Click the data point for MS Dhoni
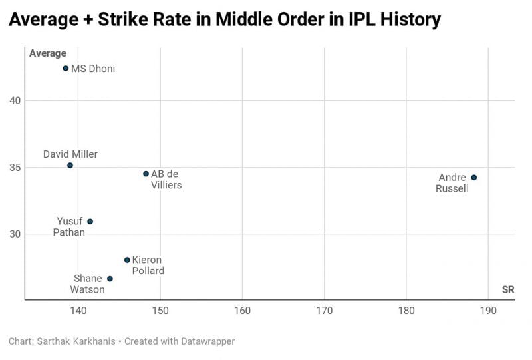(65, 69)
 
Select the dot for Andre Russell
(473, 178)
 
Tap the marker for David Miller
(70, 165)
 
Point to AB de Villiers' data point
(146, 174)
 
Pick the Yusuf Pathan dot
(90, 222)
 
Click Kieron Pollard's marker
(127, 260)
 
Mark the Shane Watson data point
(110, 279)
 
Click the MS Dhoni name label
(93, 69)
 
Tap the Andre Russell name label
(452, 183)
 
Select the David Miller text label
(70, 154)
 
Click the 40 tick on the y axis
(15, 100)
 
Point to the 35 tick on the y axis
(15, 167)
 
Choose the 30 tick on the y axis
(15, 234)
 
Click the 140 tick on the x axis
(78, 311)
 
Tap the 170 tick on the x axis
(324, 311)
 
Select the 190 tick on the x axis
(488, 311)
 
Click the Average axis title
(48, 53)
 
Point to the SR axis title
(508, 289)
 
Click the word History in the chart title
(407, 20)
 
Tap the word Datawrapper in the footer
(204, 341)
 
